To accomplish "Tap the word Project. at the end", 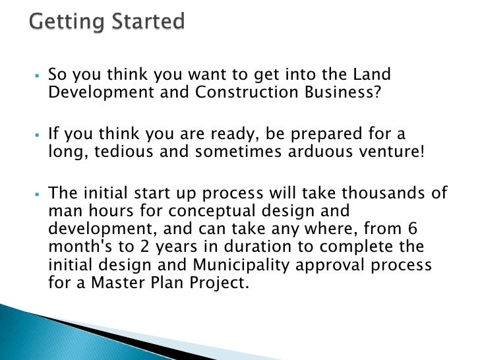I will coord(230,282).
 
